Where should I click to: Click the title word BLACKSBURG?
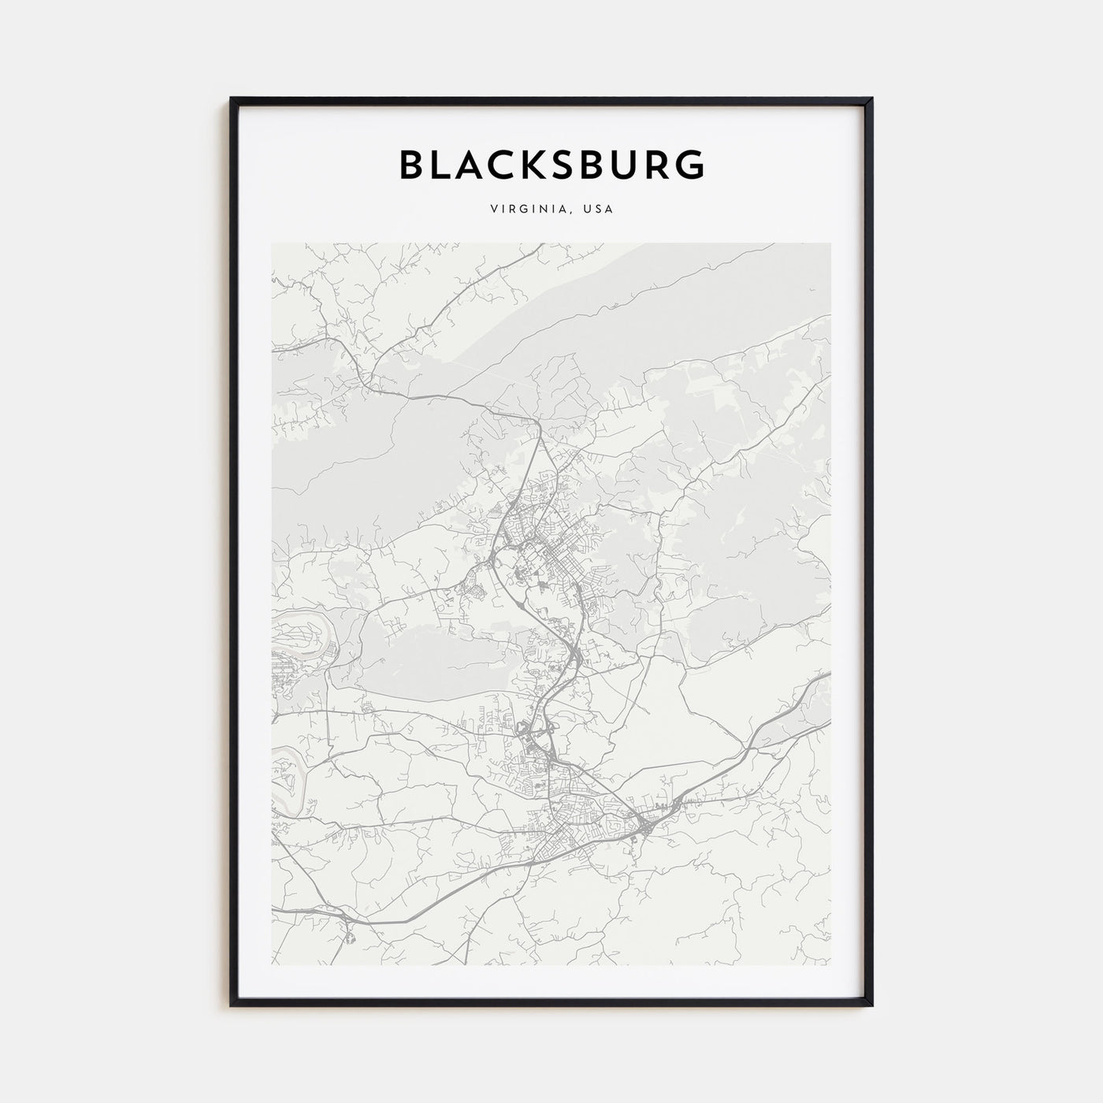[551, 165]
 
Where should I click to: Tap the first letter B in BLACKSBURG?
[414, 165]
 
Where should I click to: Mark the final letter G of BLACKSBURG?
[689, 165]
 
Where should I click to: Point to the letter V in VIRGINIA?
[493, 210]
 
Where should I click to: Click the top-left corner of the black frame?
[231, 99]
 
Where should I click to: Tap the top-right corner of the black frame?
[872, 99]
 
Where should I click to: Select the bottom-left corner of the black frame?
[231, 1005]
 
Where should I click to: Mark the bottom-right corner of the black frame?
[872, 1005]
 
